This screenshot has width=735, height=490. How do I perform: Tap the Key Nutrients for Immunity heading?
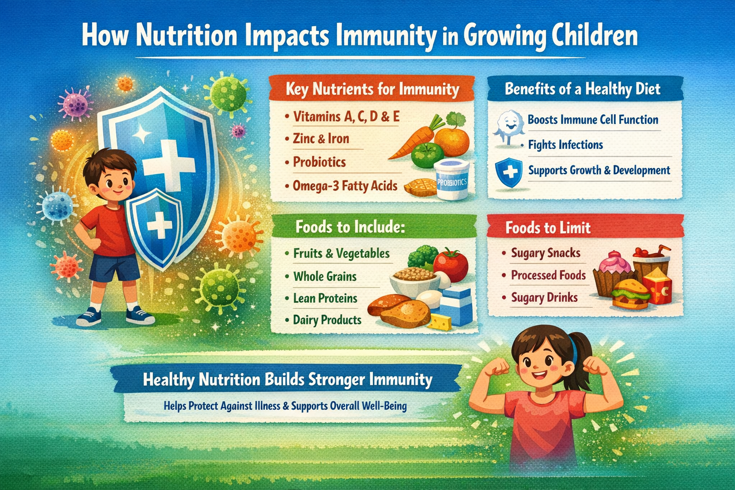pyautogui.click(x=372, y=89)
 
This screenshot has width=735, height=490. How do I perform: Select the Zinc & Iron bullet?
pyautogui.click(x=321, y=139)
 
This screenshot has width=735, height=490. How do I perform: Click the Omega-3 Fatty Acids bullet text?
pyautogui.click(x=345, y=185)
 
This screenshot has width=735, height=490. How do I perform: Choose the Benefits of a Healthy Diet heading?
pyautogui.click(x=582, y=89)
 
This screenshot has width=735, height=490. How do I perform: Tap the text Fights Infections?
pyautogui.click(x=565, y=145)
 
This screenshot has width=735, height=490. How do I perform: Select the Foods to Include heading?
pyautogui.click(x=350, y=226)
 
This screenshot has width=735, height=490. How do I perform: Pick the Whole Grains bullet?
pyautogui.click(x=325, y=276)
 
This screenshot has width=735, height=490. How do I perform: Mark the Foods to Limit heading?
pyautogui.click(x=548, y=227)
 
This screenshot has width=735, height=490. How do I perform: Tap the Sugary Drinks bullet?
pyautogui.click(x=544, y=298)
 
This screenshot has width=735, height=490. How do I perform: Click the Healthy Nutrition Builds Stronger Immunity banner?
pyautogui.click(x=287, y=380)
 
